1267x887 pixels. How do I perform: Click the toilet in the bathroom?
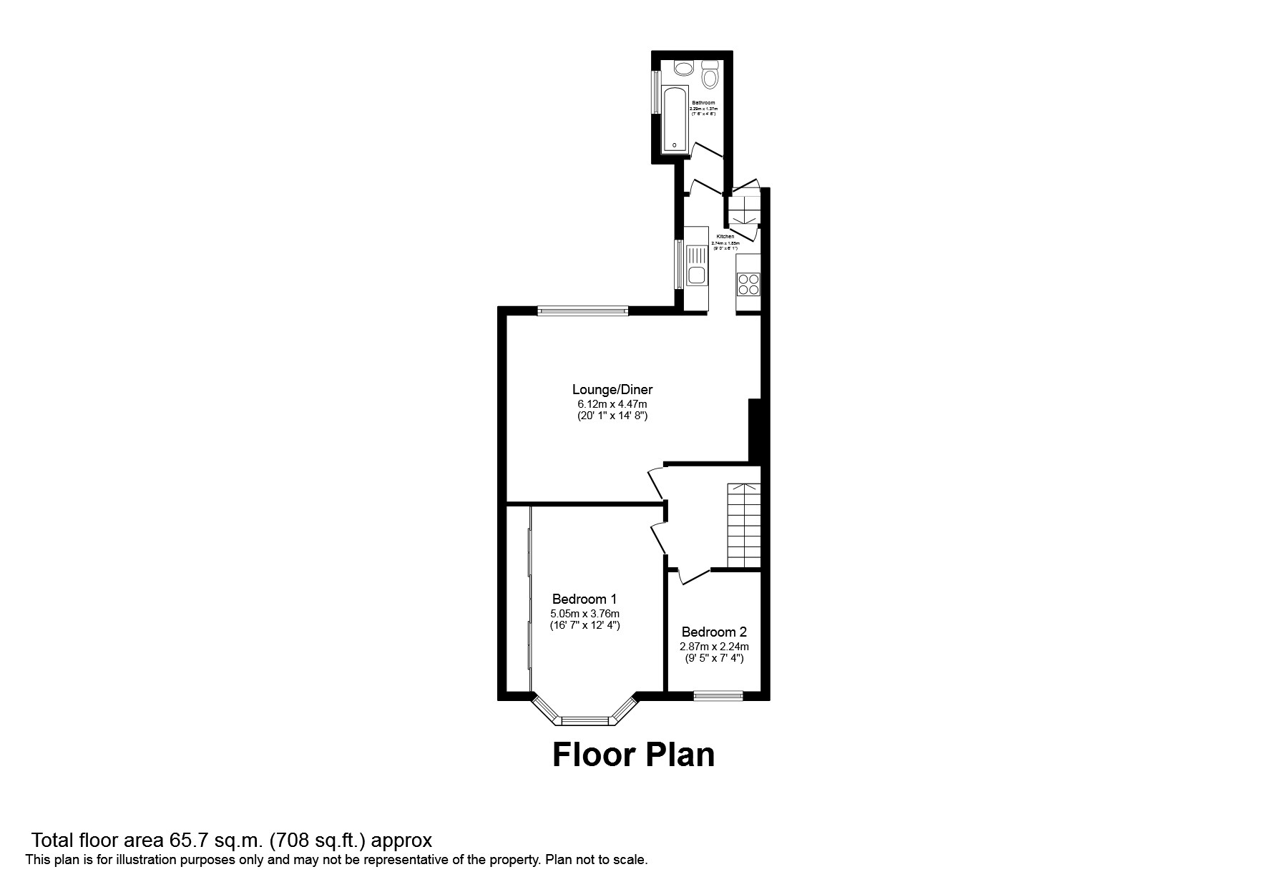710,75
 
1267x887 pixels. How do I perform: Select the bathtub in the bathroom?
675,119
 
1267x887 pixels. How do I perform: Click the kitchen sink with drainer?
696,265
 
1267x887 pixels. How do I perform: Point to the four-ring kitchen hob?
749,284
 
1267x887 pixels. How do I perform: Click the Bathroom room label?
703,103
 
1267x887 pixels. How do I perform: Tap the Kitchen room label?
725,237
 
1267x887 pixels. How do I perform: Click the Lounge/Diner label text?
612,390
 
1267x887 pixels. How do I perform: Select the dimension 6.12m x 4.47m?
612,404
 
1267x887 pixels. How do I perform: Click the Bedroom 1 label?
584,599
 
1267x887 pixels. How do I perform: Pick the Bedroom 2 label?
714,632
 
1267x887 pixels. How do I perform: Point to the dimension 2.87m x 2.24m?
714,647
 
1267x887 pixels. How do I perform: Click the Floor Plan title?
633,755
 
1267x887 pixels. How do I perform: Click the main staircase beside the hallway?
744,524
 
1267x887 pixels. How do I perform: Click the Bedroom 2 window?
718,695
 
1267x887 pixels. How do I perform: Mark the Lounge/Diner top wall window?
583,310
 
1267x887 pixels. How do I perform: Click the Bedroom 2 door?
692,577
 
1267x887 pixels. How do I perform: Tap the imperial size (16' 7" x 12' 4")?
584,625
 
